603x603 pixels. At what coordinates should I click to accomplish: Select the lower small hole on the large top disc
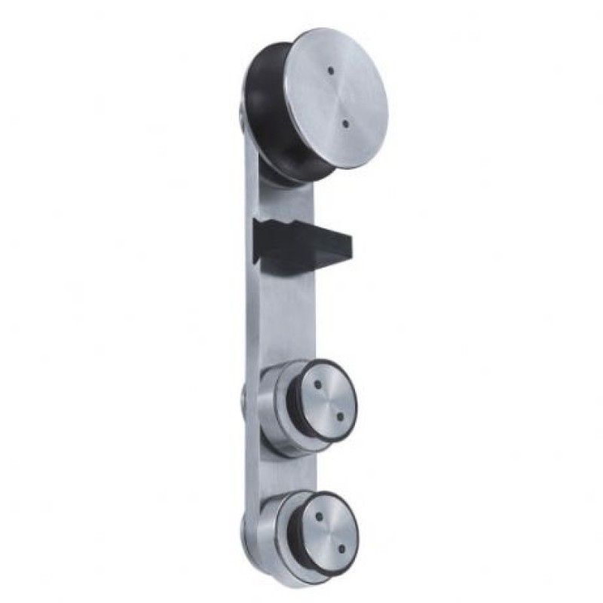click(x=344, y=123)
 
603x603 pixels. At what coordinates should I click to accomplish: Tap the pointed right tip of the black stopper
click(x=351, y=243)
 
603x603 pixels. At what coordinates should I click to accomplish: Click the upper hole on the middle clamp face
click(x=319, y=385)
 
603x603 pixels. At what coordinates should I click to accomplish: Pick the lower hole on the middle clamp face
click(x=338, y=415)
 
